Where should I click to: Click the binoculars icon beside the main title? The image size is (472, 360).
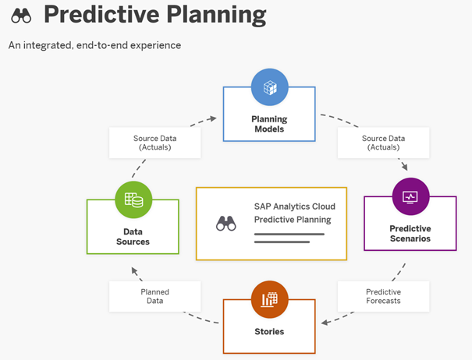pos(21,16)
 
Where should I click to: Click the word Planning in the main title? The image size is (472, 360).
pos(216,16)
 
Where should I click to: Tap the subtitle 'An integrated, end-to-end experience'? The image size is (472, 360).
pos(95,45)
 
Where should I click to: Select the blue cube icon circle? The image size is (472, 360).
pos(270,87)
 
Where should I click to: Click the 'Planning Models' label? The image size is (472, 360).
pos(269,124)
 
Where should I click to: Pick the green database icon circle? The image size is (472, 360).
pos(133,199)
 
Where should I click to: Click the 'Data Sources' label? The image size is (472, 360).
pos(133,237)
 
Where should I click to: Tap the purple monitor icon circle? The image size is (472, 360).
pos(411,196)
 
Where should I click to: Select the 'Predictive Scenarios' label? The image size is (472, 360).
pos(410,234)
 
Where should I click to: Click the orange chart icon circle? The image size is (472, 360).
pos(270,299)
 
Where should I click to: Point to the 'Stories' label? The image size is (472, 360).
pos(269,331)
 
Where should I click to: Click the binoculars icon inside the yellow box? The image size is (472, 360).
pos(226,224)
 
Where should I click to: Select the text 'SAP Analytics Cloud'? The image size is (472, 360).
pos(295,206)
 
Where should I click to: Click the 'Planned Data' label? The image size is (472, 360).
pos(155,296)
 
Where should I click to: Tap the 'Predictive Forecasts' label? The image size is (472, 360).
pos(384,296)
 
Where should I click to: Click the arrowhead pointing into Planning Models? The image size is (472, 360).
pos(214,118)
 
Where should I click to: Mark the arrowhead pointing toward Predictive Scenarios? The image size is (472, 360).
pos(405,167)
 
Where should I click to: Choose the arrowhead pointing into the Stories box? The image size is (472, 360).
pos(325,323)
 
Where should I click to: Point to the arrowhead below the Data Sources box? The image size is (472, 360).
pos(134,270)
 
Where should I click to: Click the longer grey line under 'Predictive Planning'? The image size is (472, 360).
pos(289,234)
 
